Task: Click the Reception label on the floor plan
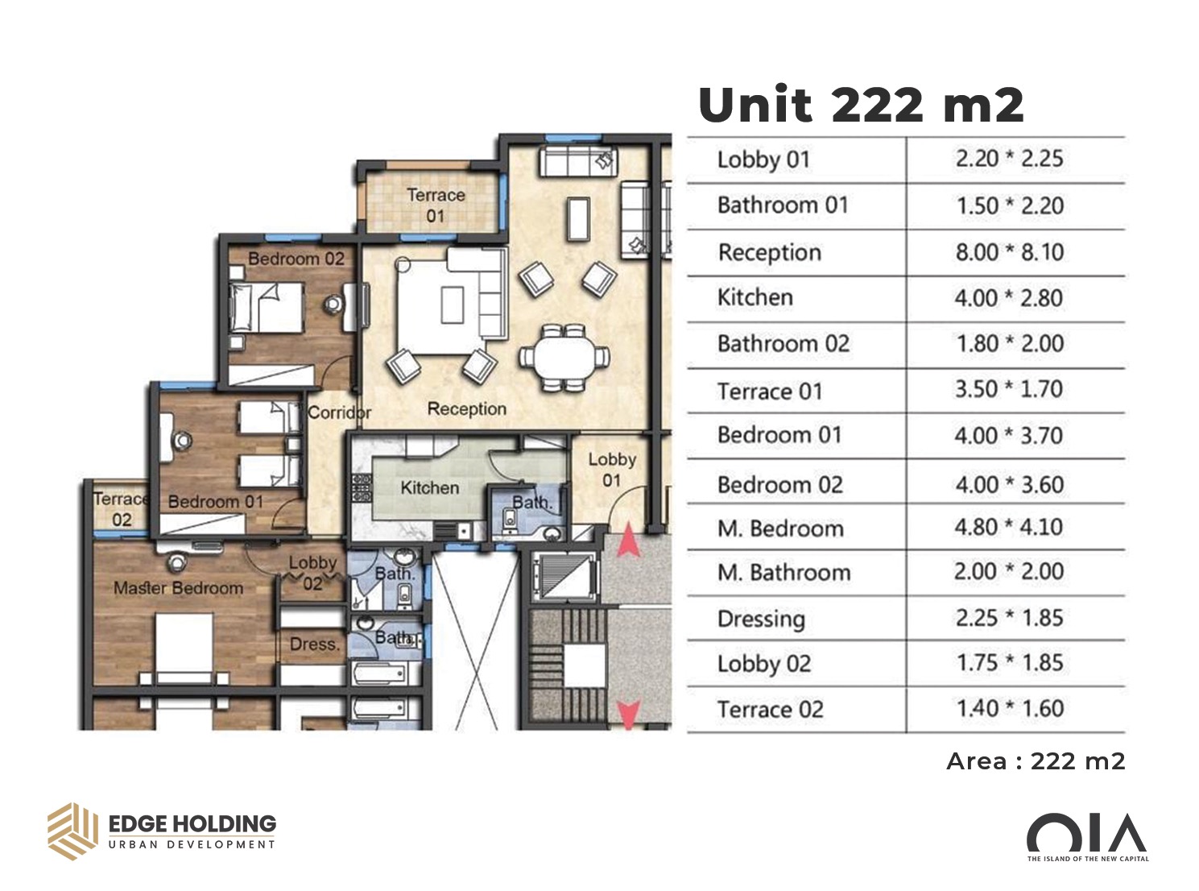click(466, 409)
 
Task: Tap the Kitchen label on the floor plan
click(430, 488)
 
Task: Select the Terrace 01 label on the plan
click(436, 205)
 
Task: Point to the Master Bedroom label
click(179, 588)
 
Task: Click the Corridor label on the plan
click(339, 412)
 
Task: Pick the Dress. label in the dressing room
click(315, 644)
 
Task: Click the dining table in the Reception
click(565, 358)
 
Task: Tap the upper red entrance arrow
click(628, 540)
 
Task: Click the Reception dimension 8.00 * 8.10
click(1009, 252)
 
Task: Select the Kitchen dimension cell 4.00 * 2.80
click(1008, 298)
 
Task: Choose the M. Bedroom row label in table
click(780, 528)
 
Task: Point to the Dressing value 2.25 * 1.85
click(1008, 618)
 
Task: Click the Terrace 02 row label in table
click(771, 709)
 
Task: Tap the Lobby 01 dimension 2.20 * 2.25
click(1009, 159)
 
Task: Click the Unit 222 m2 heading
click(861, 105)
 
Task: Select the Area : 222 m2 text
click(1036, 762)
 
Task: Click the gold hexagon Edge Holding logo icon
click(73, 831)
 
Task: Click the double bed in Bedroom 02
click(267, 309)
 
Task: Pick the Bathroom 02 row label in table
click(783, 344)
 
